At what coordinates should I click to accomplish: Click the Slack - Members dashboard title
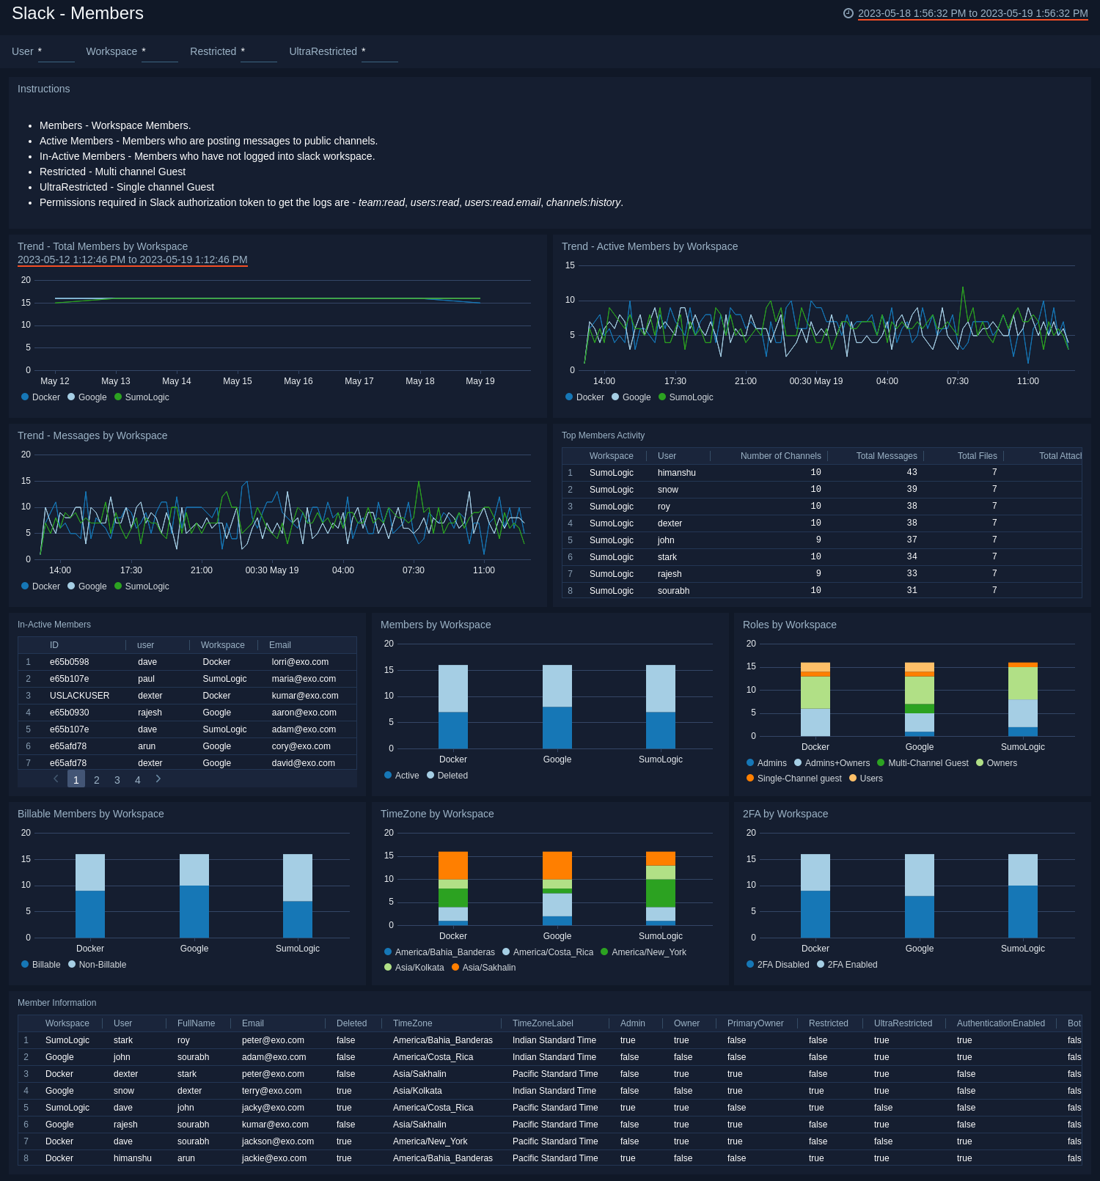click(x=78, y=13)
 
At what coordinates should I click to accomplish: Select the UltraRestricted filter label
click(x=323, y=51)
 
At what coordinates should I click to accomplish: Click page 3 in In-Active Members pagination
click(x=117, y=780)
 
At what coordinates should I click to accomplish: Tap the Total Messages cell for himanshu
click(x=912, y=473)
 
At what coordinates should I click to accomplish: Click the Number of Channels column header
click(x=780, y=456)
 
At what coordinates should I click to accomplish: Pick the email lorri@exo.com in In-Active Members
click(x=300, y=662)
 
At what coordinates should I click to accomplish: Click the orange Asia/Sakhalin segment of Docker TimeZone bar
click(x=452, y=865)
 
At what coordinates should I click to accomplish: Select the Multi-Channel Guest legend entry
click(x=928, y=763)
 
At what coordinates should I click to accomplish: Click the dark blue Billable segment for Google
click(x=194, y=911)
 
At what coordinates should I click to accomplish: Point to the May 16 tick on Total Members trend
click(x=298, y=381)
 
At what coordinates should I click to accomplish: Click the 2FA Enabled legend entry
click(x=852, y=965)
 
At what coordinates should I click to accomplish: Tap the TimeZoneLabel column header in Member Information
click(x=543, y=1023)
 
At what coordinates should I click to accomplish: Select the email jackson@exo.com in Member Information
click(x=278, y=1141)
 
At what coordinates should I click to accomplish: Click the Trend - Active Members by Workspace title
click(x=650, y=246)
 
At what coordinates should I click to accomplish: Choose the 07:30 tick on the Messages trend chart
click(x=414, y=570)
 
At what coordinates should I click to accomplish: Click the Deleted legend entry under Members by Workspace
click(x=452, y=776)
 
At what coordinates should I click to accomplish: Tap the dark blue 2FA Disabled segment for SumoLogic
click(x=1022, y=911)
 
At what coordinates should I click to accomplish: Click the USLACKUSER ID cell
click(x=79, y=696)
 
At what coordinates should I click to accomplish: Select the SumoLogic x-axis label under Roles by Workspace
click(x=1022, y=747)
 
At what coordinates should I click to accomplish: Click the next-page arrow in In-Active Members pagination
click(x=158, y=779)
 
